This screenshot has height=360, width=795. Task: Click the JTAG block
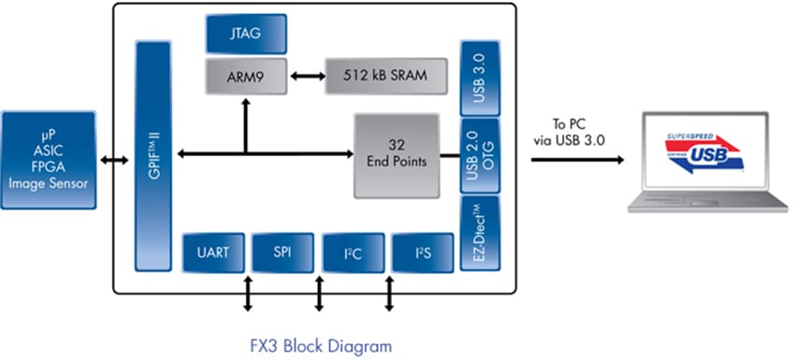pos(246,34)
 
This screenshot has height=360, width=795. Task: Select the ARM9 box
pos(246,75)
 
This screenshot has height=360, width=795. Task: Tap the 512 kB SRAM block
pos(384,75)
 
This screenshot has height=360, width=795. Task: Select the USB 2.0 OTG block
pos(479,155)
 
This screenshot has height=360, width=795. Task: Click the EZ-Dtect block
pos(479,234)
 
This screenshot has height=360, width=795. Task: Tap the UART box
pos(214,252)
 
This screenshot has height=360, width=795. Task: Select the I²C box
pos(352,252)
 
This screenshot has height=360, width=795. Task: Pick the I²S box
pos(421,252)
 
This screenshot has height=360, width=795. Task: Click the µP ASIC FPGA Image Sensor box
pos(48,160)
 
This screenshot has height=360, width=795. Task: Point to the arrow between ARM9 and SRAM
pos(305,75)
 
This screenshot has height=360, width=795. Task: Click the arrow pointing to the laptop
pos(576,159)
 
